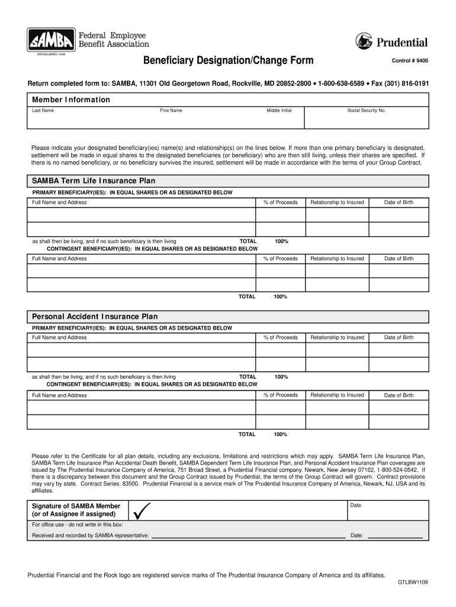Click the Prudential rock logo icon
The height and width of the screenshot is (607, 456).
pyautogui.click(x=364, y=41)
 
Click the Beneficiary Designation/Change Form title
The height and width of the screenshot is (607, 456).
pyautogui.click(x=228, y=61)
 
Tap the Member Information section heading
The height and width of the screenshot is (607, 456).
pyautogui.click(x=71, y=100)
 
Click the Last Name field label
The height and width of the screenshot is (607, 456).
pyautogui.click(x=43, y=110)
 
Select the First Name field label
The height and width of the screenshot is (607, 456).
pyautogui.click(x=171, y=110)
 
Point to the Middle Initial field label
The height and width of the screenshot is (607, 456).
pyautogui.click(x=279, y=110)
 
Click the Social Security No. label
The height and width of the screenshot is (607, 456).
pyautogui.click(x=367, y=110)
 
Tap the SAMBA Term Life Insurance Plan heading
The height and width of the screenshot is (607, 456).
pyautogui.click(x=94, y=181)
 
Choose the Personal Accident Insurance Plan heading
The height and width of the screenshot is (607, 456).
pyautogui.click(x=95, y=317)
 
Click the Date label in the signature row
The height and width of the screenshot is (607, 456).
pyautogui.click(x=356, y=505)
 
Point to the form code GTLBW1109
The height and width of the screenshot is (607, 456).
pyautogui.click(x=412, y=583)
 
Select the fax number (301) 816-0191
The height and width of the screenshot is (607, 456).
pyautogui.click(x=400, y=84)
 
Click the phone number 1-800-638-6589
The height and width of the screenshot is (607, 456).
pyautogui.click(x=342, y=84)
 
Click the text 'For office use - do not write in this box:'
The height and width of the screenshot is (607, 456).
pyautogui.click(x=78, y=525)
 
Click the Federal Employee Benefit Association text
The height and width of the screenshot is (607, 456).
pyautogui.click(x=114, y=40)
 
